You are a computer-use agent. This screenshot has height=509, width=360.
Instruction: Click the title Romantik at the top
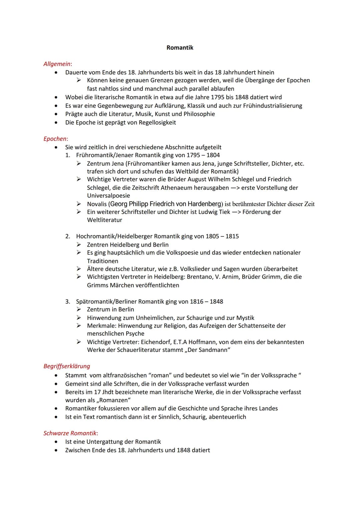coord(180,48)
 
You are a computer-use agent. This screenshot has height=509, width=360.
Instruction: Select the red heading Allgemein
coord(57,64)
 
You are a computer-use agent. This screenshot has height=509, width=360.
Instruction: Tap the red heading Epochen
coord(55,139)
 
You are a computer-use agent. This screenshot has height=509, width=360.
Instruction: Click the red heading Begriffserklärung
coord(67,366)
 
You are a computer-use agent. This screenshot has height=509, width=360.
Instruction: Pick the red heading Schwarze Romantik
coord(70,433)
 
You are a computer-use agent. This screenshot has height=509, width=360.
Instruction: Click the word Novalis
coord(97,204)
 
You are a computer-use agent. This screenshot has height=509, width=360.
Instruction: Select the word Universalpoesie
coord(108,196)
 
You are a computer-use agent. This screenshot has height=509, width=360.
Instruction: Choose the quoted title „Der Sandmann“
coord(208,350)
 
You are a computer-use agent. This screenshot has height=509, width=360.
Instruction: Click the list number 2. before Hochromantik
coord(68,236)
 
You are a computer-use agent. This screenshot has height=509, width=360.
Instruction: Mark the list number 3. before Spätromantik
coord(68,302)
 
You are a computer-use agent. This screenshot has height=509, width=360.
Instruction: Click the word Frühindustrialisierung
coord(272,106)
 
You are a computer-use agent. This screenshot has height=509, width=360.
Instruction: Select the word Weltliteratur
coord(104,220)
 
